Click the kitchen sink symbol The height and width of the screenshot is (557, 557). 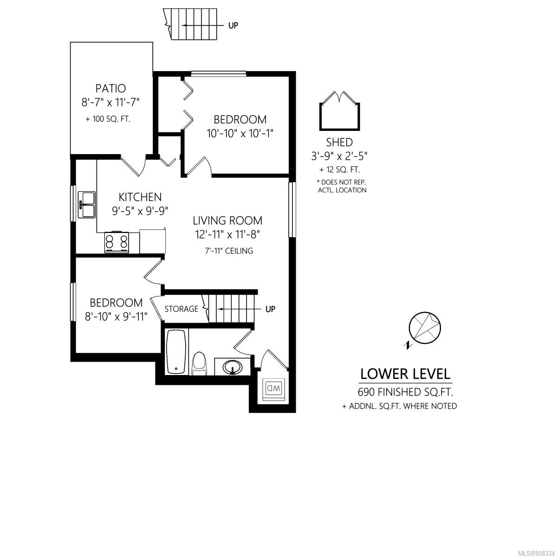pyautogui.click(x=86, y=205)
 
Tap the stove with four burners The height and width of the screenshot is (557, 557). pyautogui.click(x=117, y=242)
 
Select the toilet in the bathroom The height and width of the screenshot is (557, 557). pyautogui.click(x=199, y=363)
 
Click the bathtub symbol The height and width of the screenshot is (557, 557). pyautogui.click(x=176, y=352)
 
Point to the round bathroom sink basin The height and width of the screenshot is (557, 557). pyautogui.click(x=233, y=367)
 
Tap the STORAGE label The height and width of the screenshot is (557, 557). pyautogui.click(x=181, y=309)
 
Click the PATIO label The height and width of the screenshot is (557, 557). pyautogui.click(x=111, y=88)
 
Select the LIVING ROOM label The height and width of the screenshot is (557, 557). pyautogui.click(x=227, y=221)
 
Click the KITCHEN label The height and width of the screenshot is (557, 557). pyautogui.click(x=140, y=197)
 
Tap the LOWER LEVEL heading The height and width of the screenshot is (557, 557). pyautogui.click(x=405, y=374)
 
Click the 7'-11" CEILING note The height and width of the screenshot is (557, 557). pyautogui.click(x=229, y=251)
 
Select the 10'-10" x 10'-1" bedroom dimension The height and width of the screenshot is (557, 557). pyautogui.click(x=240, y=134)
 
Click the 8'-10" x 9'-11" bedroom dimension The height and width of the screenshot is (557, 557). pyautogui.click(x=116, y=317)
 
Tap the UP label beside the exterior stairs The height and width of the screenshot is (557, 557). pyautogui.click(x=233, y=26)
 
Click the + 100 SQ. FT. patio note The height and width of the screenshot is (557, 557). pyautogui.click(x=108, y=119)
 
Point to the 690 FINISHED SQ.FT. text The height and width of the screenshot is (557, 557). pyautogui.click(x=405, y=392)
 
